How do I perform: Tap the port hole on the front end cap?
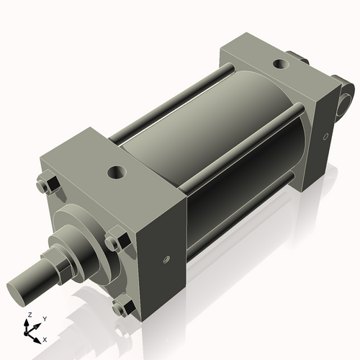pyautogui.click(x=115, y=173)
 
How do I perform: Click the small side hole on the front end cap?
pyautogui.click(x=165, y=261)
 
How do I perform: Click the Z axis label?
pyautogui.click(x=30, y=315)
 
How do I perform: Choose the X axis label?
pyautogui.click(x=45, y=338)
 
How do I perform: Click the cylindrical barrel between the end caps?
pyautogui.click(x=216, y=144)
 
